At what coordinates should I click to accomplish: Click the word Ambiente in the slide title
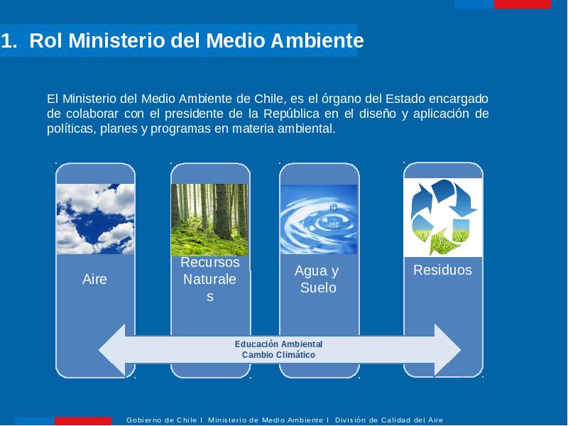(x=317, y=40)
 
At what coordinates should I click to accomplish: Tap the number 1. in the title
(x=9, y=40)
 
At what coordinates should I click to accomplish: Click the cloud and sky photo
(x=96, y=219)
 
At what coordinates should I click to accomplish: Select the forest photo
(x=209, y=220)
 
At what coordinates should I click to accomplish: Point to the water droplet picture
(x=319, y=219)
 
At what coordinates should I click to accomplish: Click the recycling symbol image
(x=443, y=217)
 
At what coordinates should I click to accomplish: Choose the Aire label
(x=94, y=279)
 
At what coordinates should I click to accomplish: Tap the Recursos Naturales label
(x=209, y=279)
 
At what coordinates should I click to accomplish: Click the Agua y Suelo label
(x=317, y=279)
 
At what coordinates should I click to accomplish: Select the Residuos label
(x=442, y=270)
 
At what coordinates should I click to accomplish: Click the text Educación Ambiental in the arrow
(x=278, y=344)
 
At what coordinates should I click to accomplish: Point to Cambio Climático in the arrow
(x=278, y=354)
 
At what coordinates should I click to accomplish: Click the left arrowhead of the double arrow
(x=112, y=350)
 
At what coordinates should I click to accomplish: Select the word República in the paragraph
(x=291, y=114)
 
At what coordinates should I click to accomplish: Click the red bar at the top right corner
(x=522, y=4)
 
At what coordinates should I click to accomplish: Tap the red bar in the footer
(x=83, y=421)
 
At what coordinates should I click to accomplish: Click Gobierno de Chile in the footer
(x=161, y=420)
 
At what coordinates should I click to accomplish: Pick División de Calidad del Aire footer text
(x=389, y=420)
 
